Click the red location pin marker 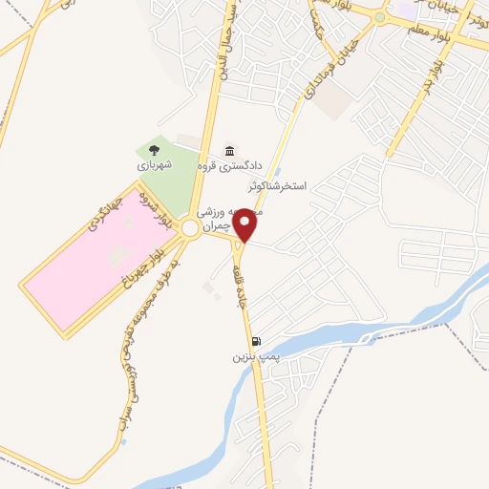point(245,223)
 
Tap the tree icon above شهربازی point(154,149)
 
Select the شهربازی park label point(153,163)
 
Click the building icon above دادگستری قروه point(228,151)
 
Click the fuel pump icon point(255,341)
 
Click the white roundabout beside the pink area point(190,229)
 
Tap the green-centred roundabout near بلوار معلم point(380,17)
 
